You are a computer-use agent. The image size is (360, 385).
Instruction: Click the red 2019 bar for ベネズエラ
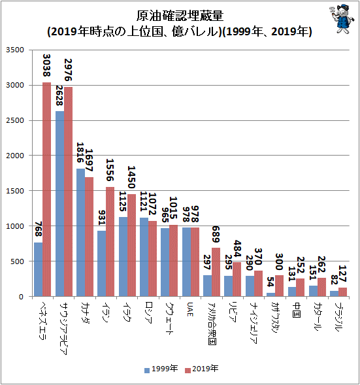coord(46,190)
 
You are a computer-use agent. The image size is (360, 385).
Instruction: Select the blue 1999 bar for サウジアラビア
coord(59,204)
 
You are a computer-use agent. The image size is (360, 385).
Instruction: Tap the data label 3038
coord(46,65)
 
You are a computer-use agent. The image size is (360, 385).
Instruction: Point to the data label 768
coord(39,229)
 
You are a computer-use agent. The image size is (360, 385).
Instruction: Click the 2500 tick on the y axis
coord(15,120)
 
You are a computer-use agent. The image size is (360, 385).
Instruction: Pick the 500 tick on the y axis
coord(17,261)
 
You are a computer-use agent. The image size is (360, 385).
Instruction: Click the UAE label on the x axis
coord(190,310)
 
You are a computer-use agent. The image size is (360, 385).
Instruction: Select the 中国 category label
coord(297,310)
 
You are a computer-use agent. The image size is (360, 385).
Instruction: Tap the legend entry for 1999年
coord(161,369)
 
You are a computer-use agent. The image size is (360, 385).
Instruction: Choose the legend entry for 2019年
coord(201,369)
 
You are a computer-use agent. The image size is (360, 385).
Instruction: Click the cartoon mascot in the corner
coord(342,19)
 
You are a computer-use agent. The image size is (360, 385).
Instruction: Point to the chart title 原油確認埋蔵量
coord(180,16)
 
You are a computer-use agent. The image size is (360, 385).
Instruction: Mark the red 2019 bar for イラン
coord(110,242)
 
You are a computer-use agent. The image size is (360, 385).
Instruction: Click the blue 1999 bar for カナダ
coord(81,233)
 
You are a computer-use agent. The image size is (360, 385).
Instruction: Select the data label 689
coord(216,234)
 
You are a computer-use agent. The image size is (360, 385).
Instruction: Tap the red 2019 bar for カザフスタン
coord(279,286)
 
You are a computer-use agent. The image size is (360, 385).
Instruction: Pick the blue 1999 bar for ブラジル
coord(335,293)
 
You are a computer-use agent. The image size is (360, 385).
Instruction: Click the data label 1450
coord(131,177)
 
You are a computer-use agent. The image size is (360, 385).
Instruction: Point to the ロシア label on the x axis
coord(148,312)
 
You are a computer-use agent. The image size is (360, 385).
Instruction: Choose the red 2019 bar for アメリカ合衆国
coord(216,272)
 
